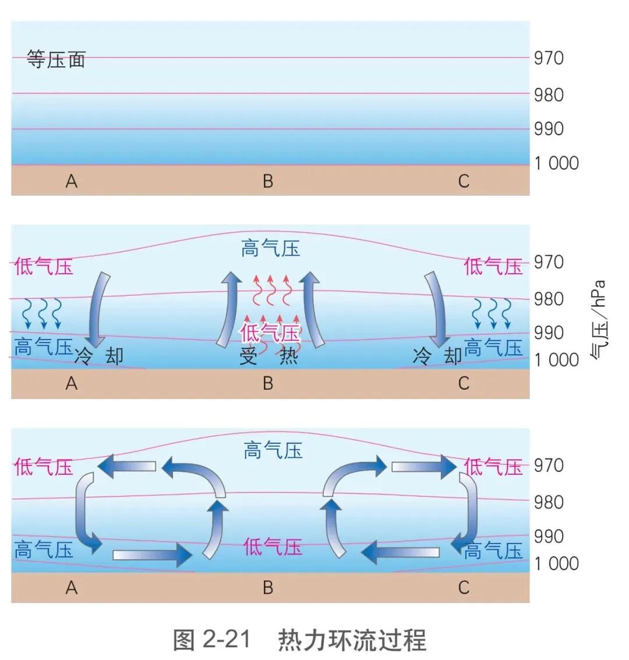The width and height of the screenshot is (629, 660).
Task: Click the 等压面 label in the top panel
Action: (56, 59)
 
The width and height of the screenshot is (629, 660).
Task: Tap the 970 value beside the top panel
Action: (549, 58)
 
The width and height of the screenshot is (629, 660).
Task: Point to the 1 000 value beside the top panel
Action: (556, 163)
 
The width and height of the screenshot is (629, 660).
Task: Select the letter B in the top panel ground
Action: (268, 181)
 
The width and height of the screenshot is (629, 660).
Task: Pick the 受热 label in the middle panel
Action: (268, 355)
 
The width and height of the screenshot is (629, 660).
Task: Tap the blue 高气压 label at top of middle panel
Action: (270, 249)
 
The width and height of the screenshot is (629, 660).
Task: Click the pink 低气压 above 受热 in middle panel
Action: (270, 333)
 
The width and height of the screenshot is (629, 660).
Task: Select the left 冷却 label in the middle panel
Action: (99, 355)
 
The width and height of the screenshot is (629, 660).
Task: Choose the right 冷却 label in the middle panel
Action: (437, 355)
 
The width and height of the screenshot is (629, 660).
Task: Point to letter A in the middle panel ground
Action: (71, 383)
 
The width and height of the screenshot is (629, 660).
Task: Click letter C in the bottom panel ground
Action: (464, 587)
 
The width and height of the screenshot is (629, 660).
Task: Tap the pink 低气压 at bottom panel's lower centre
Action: (273, 546)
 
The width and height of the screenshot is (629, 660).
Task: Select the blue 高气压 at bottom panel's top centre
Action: (273, 450)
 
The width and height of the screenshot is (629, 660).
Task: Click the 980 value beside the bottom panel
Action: (549, 502)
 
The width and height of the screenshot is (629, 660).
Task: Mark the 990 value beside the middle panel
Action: (549, 333)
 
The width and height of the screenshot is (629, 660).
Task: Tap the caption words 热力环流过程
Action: (352, 640)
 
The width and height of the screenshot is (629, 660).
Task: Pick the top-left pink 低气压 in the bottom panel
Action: (44, 467)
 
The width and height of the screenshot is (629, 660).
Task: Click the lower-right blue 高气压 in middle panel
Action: (493, 348)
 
